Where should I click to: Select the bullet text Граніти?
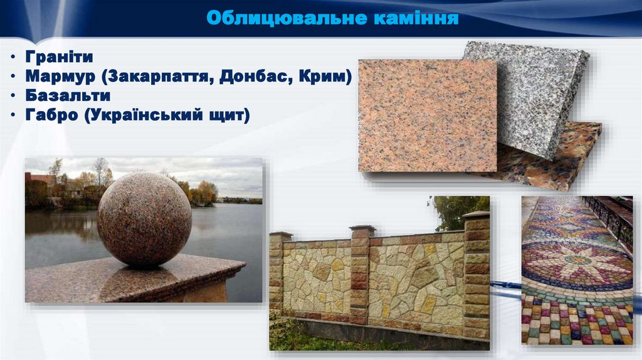[x=60, y=57]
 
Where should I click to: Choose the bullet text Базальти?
[x=68, y=96]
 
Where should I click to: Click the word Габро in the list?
[x=52, y=115]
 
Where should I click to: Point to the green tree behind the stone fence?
[x=458, y=210]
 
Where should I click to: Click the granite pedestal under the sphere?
[x=132, y=279]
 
